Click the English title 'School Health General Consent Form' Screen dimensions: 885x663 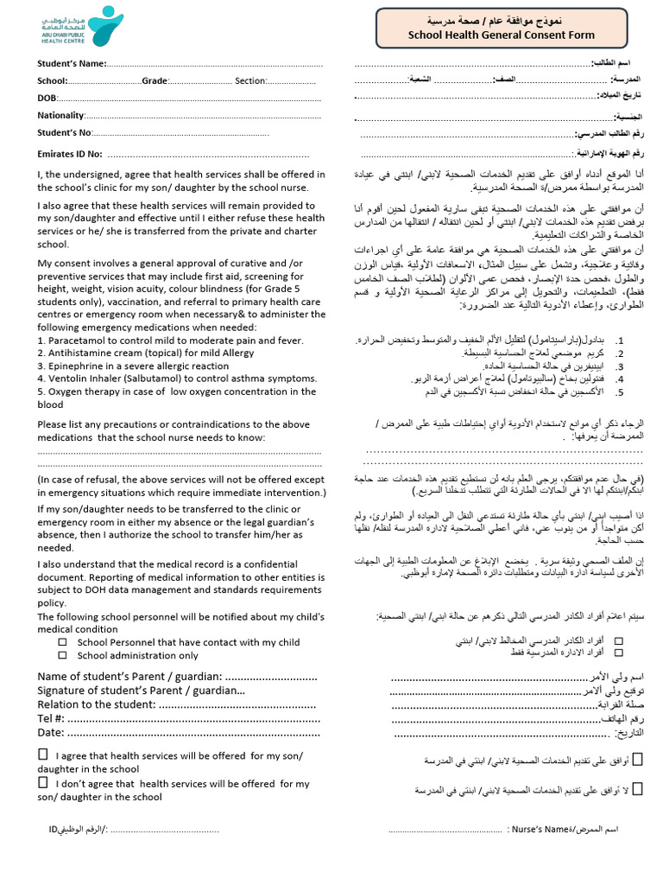coord(501,35)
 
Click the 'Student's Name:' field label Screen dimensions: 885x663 coord(72,63)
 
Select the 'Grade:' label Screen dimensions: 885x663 coord(155,80)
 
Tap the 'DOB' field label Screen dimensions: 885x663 coord(46,98)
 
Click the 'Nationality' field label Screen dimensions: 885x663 coord(60,115)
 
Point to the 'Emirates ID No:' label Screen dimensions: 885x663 coord(70,154)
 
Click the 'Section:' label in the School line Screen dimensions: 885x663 coord(251,80)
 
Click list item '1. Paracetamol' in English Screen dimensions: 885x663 coord(170,341)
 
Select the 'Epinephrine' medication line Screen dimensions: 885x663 coord(133,366)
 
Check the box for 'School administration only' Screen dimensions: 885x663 coord(62,655)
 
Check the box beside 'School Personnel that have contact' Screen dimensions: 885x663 coord(62,642)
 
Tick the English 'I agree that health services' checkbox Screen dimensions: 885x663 coord(43,754)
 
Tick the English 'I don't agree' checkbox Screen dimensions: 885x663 coord(43,782)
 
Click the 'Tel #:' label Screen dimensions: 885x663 coord(50,718)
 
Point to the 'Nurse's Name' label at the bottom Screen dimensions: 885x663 coord(540,830)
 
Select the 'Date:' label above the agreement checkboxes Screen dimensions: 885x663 coord(52,732)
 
